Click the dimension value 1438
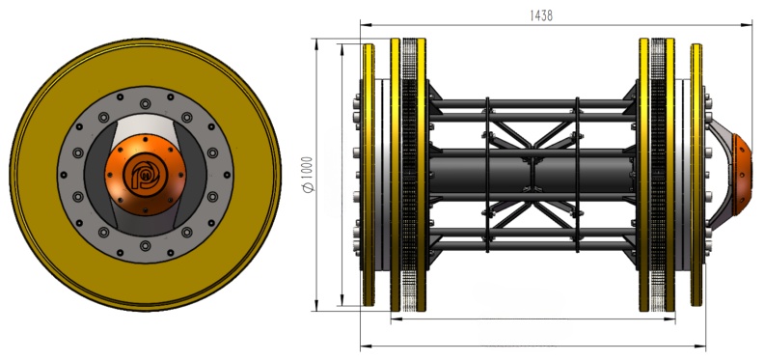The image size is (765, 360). (541, 15)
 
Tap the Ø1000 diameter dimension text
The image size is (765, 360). (308, 175)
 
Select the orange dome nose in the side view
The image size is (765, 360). (742, 174)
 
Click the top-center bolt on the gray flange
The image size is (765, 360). (146, 104)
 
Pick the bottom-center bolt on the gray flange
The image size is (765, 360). (146, 245)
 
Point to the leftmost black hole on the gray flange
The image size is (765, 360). (63, 175)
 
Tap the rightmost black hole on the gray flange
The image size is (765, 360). (228, 174)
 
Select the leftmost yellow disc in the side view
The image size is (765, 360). (369, 175)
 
